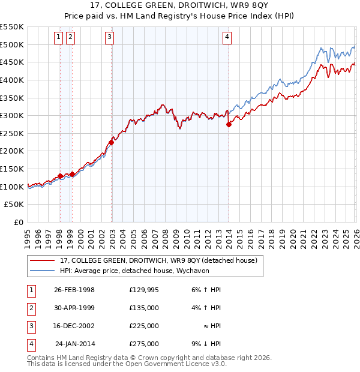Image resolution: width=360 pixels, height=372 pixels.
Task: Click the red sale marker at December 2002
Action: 112,142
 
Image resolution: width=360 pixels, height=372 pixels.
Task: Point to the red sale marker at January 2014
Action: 229,125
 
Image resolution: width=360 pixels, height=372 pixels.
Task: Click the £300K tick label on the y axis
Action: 12,115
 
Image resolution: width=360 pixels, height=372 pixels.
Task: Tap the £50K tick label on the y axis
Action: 14,205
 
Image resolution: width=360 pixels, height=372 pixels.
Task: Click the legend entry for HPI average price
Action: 114,271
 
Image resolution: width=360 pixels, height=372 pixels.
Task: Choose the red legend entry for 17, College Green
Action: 158,260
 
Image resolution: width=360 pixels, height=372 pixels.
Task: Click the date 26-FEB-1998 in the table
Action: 74,290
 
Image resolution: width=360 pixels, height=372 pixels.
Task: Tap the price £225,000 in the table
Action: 143,326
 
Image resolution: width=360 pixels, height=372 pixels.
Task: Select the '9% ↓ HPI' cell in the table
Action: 206,344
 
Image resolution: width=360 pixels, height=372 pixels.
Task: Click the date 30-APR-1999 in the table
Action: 74,308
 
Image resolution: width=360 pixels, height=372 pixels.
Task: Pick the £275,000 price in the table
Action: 143,344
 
